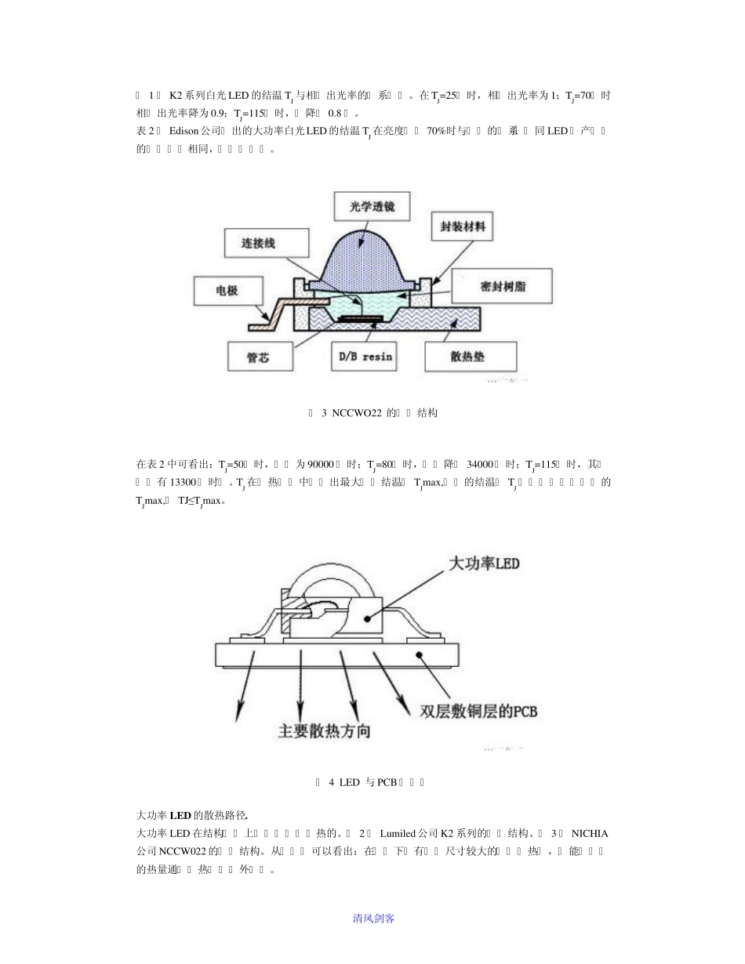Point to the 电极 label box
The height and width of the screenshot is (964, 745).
click(227, 291)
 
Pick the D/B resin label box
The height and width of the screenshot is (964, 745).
click(365, 357)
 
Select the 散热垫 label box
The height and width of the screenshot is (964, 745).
click(471, 357)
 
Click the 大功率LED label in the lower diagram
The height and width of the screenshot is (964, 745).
click(484, 564)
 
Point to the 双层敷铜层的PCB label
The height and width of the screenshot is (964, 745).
click(478, 712)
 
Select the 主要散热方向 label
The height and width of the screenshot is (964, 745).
click(325, 731)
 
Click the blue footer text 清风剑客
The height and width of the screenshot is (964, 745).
click(373, 918)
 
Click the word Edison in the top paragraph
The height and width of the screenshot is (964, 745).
click(184, 130)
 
